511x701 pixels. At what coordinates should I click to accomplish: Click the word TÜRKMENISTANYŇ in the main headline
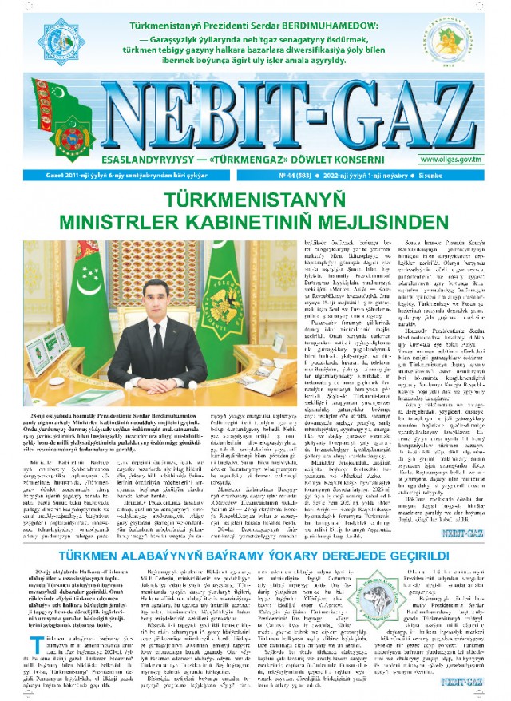[x=255, y=198]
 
